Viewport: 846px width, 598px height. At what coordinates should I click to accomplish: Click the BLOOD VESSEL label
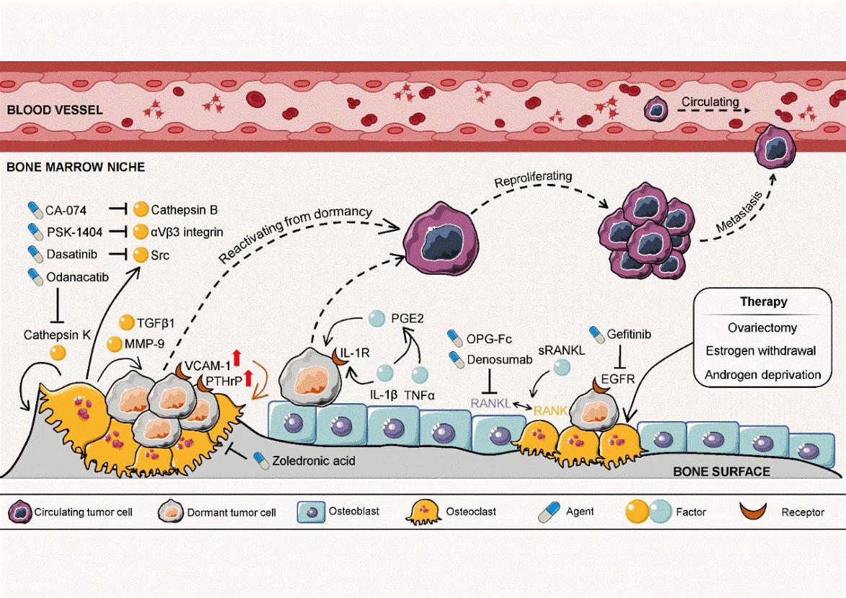pyautogui.click(x=54, y=111)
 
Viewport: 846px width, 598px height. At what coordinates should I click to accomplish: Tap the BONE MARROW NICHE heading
pyautogui.click(x=76, y=167)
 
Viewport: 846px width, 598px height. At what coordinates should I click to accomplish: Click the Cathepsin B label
pyautogui.click(x=185, y=210)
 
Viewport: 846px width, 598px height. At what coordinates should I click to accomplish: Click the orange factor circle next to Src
pyautogui.click(x=141, y=255)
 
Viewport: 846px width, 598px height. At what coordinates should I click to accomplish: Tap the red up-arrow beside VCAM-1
pyautogui.click(x=236, y=353)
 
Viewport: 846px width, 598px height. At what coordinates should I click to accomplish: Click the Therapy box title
pyautogui.click(x=763, y=302)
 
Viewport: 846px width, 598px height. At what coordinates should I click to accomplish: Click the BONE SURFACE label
pyautogui.click(x=721, y=472)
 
